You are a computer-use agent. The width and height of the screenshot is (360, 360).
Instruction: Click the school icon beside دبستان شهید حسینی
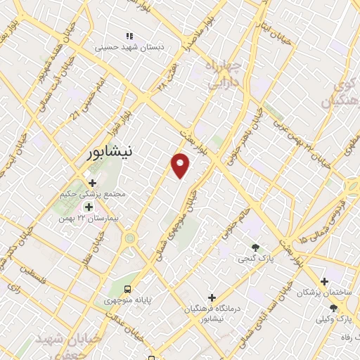(x=128, y=35)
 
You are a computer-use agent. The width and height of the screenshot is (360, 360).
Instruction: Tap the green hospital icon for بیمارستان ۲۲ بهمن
(x=89, y=207)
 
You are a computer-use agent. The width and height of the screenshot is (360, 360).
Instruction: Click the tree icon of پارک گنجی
(x=255, y=248)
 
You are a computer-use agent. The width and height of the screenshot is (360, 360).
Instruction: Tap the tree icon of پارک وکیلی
(x=333, y=308)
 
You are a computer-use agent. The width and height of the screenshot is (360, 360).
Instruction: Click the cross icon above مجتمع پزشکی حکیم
(x=92, y=183)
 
